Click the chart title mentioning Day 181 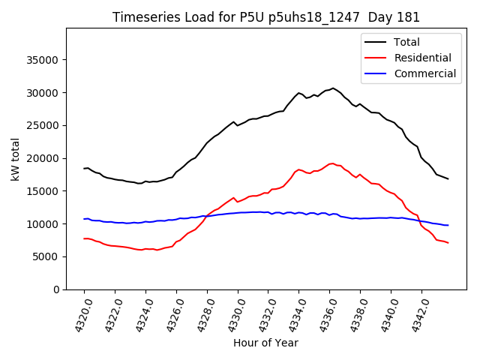[266, 17]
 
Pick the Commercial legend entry [424, 73]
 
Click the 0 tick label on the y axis [56, 289]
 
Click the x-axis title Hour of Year [265, 343]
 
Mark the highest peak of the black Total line [333, 88]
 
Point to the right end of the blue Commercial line [448, 225]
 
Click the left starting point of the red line [84, 238]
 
